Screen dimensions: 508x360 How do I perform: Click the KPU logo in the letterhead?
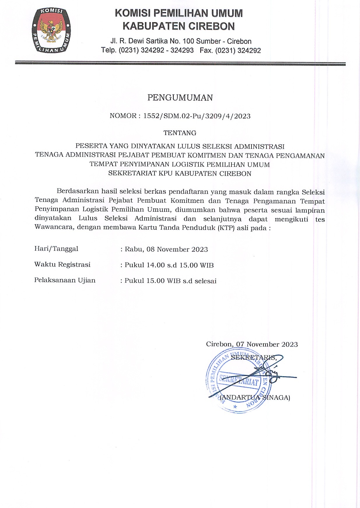pos(51,31)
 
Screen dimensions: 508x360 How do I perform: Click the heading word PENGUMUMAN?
pos(180,98)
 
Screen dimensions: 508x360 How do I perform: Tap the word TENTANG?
pos(180,133)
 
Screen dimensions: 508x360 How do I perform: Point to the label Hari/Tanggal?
pos(56,249)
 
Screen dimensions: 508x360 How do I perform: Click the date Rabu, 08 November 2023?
pos(166,249)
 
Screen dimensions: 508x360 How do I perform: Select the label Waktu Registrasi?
pos(62,264)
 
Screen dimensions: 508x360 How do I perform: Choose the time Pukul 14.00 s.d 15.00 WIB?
pos(169,265)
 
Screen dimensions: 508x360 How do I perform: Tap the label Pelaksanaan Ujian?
pos(65,280)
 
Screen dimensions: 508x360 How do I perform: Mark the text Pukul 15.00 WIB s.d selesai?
pos(170,281)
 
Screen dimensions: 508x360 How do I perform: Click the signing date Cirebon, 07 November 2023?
pos(252,344)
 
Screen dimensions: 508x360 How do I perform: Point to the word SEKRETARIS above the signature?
pos(254,358)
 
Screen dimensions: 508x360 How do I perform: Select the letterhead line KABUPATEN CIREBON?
pos(179,26)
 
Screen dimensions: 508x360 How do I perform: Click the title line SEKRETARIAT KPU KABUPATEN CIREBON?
pos(180,174)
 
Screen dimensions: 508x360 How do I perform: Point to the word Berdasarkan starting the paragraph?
pos(78,191)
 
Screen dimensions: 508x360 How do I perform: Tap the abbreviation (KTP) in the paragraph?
pos(226,228)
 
